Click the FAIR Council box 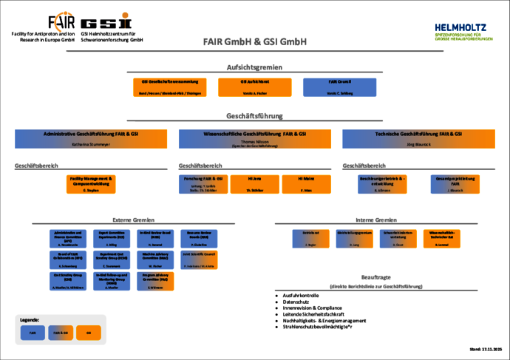click(x=333, y=86)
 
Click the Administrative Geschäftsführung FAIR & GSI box click(x=91, y=138)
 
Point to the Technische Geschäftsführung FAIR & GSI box click(x=418, y=138)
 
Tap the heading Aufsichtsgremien click(x=254, y=67)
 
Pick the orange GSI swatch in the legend click(x=89, y=333)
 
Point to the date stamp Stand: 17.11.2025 click(x=486, y=348)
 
